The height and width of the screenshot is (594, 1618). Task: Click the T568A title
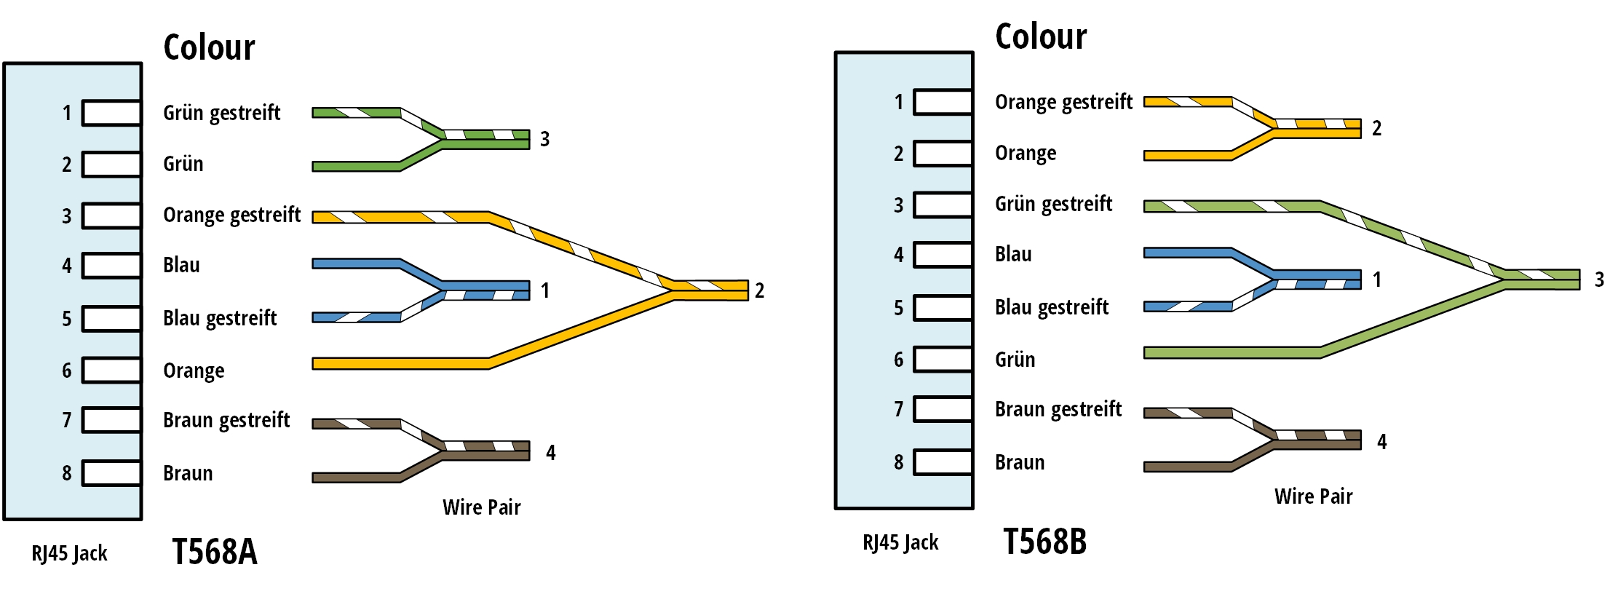[215, 552]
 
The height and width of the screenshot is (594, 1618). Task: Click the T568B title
[1044, 542]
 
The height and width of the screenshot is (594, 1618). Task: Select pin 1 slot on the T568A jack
[111, 113]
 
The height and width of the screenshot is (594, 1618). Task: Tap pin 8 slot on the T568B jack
[943, 462]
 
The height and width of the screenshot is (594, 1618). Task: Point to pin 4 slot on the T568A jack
[111, 266]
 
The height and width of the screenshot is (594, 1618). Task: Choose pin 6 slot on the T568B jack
[943, 360]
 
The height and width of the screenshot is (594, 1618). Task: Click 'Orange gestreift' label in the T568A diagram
[231, 215]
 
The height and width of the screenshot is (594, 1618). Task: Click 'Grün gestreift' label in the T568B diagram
[1053, 205]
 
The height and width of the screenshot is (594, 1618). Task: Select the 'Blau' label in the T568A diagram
[181, 265]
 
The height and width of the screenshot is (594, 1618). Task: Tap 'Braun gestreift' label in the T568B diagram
[1058, 410]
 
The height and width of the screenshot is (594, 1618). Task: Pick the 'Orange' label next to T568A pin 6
[194, 371]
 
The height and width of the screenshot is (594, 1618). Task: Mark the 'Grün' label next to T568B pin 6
[1015, 360]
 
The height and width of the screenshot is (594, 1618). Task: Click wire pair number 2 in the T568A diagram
[759, 290]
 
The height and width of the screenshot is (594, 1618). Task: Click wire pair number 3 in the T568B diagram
[1599, 280]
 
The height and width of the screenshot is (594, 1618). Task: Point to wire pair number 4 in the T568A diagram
[551, 453]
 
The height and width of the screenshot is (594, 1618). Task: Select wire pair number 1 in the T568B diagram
[1376, 280]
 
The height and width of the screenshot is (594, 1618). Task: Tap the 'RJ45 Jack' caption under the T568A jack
[69, 554]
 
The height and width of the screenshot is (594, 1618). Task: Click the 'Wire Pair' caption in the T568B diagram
[1313, 496]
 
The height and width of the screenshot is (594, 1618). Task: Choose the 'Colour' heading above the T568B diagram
[1041, 36]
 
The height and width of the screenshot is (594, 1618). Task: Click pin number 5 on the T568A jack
[66, 319]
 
